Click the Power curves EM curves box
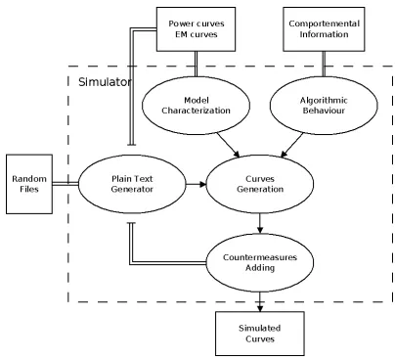tap(196, 29)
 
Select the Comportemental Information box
tap(324, 29)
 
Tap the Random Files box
tap(29, 184)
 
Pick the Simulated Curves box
tap(260, 334)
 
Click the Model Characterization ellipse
tap(196, 106)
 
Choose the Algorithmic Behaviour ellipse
tap(324, 106)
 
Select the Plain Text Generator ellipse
tap(132, 184)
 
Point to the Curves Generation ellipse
tap(260, 184)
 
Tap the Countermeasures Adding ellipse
tap(260, 262)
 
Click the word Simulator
tap(105, 82)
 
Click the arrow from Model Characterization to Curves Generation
tap(229, 145)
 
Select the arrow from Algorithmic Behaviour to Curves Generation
tap(291, 145)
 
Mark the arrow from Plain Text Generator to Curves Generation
tap(197, 184)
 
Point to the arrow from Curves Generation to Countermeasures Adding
tap(260, 224)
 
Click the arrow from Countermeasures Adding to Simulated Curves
tap(260, 302)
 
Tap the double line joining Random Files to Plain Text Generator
tap(66, 184)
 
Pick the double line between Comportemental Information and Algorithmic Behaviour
tap(324, 64)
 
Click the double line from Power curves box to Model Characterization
tap(196, 64)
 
